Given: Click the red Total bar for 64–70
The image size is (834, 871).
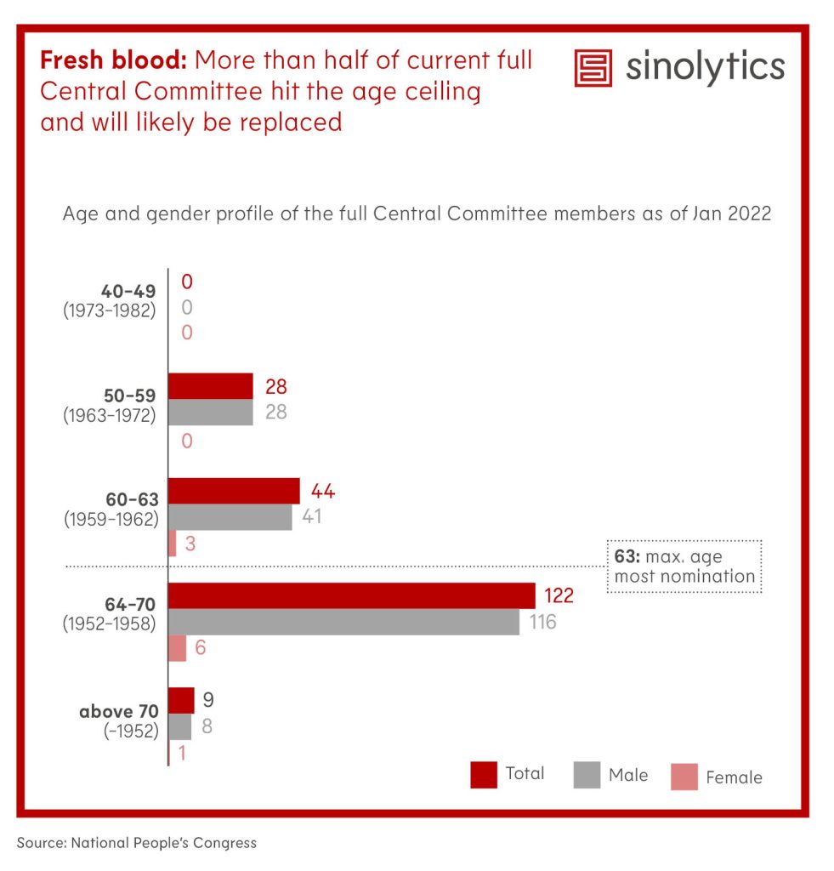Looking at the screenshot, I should [351, 595].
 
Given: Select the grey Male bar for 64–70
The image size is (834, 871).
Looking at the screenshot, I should [343, 622].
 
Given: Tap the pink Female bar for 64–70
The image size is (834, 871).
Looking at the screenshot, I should [177, 648].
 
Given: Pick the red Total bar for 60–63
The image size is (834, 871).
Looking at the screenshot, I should [234, 491].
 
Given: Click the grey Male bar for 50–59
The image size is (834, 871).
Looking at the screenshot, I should [211, 413].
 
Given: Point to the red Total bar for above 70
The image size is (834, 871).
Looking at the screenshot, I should [181, 701].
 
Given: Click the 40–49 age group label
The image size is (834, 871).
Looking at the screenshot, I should [128, 292].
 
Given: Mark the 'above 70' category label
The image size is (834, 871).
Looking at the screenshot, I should [118, 711].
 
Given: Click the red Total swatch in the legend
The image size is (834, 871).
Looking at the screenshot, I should [483, 775].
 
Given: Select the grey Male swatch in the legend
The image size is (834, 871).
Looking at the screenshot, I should [587, 776].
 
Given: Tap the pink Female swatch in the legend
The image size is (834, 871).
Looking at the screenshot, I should [684, 777].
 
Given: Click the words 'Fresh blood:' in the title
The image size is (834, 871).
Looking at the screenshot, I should [114, 61].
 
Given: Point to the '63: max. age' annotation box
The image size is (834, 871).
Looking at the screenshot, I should [684, 566].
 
